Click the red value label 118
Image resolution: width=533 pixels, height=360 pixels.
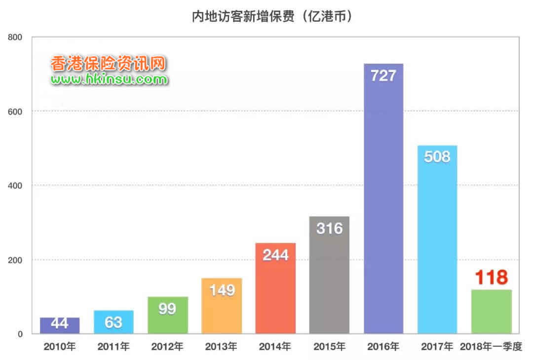click(492, 278)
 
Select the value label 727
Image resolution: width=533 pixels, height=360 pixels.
click(383, 75)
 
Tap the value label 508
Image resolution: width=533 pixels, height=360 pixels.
click(437, 157)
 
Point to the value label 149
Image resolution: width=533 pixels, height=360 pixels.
click(222, 290)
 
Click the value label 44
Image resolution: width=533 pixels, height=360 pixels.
click(60, 324)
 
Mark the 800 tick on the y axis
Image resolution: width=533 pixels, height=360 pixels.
click(16, 37)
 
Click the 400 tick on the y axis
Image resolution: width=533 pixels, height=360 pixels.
click(16, 185)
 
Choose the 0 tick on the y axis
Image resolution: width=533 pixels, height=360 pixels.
click(21, 334)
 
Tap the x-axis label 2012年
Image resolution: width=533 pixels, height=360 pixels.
click(168, 347)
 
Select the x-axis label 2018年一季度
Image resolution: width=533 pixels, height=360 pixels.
click(491, 347)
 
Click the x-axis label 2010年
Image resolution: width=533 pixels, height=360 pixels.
click(60, 347)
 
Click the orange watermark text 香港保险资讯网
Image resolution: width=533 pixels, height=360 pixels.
click(108, 63)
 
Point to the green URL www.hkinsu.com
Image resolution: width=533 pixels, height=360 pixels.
click(109, 78)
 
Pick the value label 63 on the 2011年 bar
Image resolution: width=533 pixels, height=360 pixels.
click(114, 322)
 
